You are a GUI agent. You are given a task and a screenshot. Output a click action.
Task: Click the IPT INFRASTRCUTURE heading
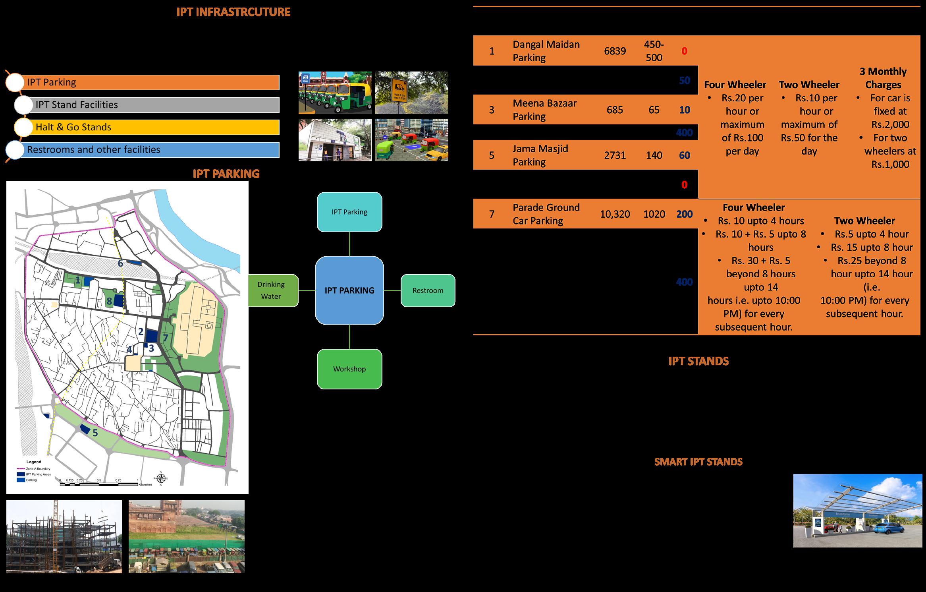point(233,12)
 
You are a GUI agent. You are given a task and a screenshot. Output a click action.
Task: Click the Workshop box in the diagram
point(349,369)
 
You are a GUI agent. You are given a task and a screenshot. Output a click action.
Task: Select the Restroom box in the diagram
point(428,290)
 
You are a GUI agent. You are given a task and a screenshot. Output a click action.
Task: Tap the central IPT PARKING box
point(349,290)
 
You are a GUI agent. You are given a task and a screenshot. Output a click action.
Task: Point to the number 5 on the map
point(95,433)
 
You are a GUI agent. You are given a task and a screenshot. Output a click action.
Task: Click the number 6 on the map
point(120,263)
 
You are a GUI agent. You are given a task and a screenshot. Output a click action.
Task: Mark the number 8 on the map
point(109,301)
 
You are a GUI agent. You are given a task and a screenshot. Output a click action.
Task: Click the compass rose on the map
point(161,478)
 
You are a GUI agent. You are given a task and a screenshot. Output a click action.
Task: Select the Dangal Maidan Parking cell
point(546,51)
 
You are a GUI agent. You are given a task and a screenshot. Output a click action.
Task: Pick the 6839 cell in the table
point(615,51)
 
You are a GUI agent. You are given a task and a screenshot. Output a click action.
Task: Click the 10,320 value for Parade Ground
point(615,214)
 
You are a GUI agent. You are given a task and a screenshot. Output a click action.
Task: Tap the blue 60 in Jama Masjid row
point(684,155)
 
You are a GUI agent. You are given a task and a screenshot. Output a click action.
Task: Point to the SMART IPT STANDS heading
point(698,462)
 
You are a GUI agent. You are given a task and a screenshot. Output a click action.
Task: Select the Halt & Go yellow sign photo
point(411,93)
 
